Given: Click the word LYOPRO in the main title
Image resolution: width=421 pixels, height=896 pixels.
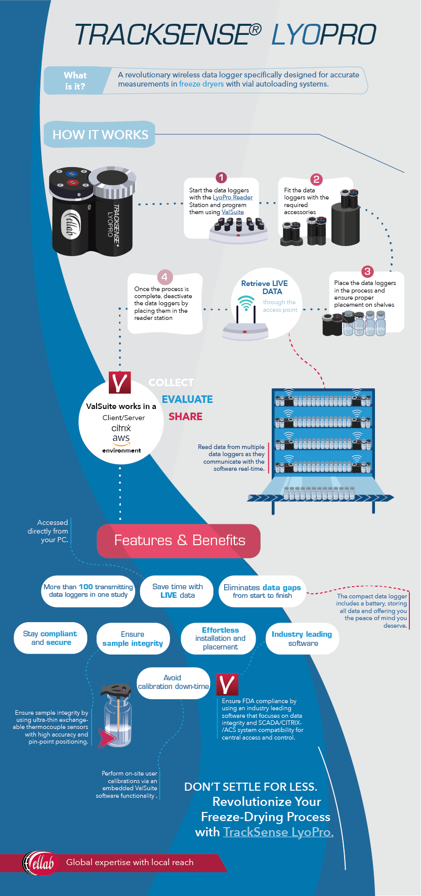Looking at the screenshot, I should (324, 35).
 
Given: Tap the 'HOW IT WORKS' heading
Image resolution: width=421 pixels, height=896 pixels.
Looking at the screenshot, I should (100, 135).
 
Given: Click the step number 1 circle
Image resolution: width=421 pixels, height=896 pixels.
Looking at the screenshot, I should (221, 178).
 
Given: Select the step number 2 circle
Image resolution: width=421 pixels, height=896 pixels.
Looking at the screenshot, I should (316, 179).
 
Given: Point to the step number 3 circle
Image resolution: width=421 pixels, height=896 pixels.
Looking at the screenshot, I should (367, 271).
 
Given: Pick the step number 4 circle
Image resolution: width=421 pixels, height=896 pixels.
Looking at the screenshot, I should (164, 277).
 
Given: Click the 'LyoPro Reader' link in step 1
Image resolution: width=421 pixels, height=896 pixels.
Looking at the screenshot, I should (233, 197).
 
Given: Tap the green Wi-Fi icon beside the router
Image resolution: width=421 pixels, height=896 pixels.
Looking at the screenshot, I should (246, 303).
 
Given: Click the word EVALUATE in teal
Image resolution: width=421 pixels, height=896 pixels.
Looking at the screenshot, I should (187, 399).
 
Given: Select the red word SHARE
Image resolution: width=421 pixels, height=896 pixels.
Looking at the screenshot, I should (185, 417).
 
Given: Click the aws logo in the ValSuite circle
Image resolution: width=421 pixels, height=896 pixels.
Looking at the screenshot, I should (121, 439).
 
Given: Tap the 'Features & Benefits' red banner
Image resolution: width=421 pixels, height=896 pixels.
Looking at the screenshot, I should (179, 541).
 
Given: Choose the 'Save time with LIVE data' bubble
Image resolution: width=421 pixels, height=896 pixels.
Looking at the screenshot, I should (178, 591).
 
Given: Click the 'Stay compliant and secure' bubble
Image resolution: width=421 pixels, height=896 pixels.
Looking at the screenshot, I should (51, 638).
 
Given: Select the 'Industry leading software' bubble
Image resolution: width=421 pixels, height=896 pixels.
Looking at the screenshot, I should (302, 638).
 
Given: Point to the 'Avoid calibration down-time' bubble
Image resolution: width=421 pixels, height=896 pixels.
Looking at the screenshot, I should (173, 682).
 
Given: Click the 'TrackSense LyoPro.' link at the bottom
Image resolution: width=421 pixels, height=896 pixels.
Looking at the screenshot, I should (278, 832).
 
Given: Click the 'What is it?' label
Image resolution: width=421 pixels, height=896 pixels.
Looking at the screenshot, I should (75, 80).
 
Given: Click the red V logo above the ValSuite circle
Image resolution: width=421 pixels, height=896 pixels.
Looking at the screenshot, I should (120, 383).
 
